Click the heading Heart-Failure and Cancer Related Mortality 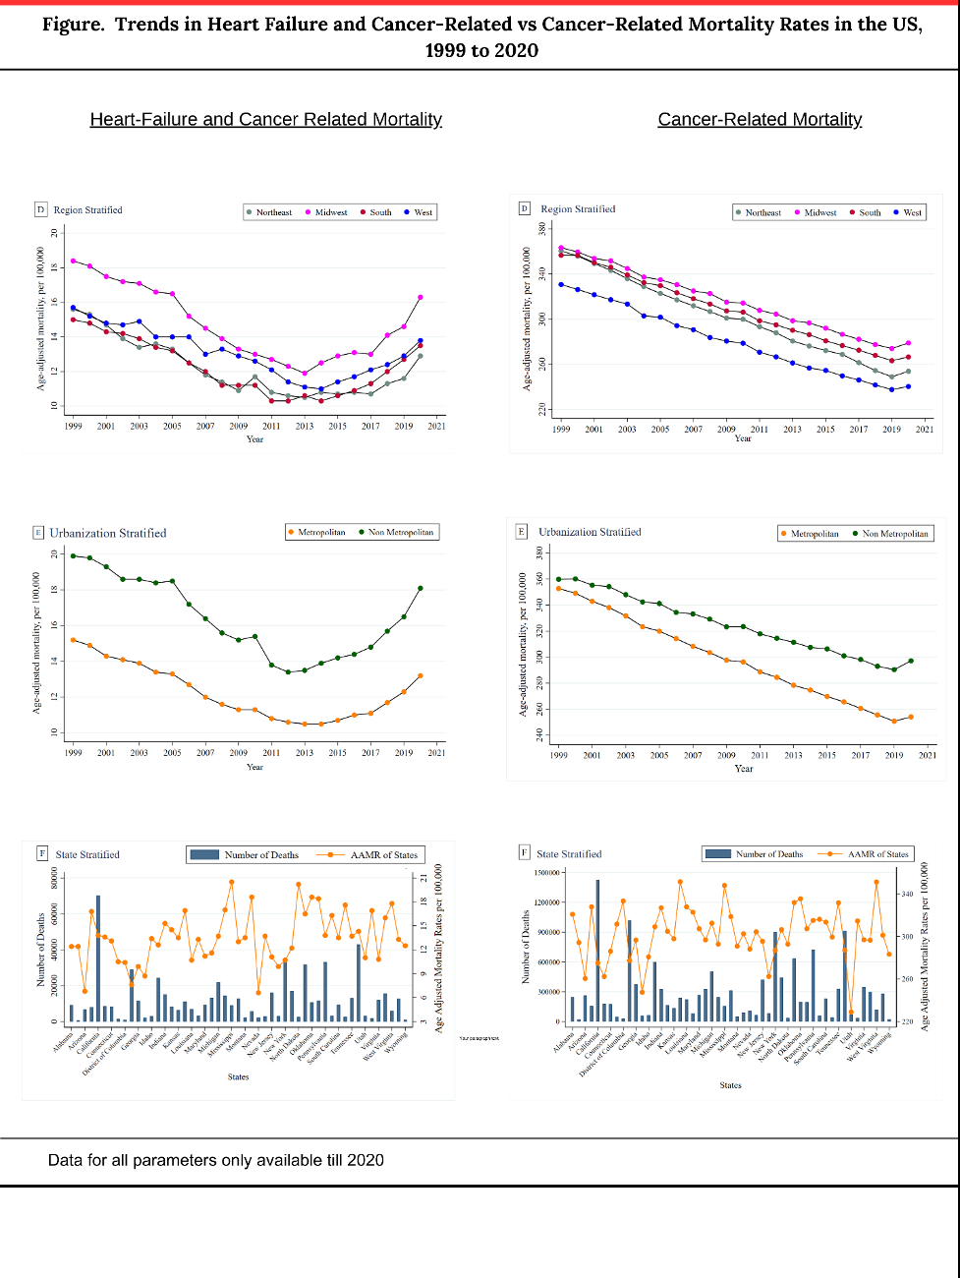tap(265, 120)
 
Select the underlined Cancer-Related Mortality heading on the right tap(760, 120)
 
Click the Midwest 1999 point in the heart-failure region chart tap(73, 261)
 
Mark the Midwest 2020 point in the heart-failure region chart tap(421, 297)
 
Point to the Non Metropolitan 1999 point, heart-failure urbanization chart tap(73, 555)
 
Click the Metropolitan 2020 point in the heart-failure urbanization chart tap(421, 675)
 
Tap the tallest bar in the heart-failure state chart tap(98, 958)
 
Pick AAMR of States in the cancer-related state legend tap(877, 854)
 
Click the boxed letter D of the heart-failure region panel tap(41, 209)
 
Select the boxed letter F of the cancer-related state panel tap(525, 853)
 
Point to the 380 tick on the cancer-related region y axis tap(541, 228)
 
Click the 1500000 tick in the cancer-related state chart tap(546, 873)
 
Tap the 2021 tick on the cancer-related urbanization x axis tap(927, 755)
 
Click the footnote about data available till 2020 tap(216, 1160)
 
